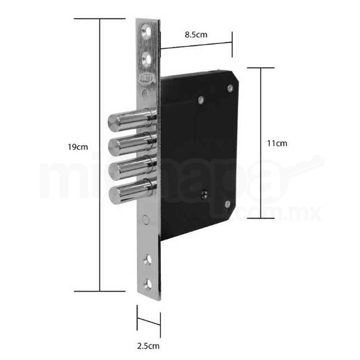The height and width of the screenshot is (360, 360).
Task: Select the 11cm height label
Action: point(277,144)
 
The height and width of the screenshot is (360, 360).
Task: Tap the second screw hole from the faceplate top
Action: point(146,58)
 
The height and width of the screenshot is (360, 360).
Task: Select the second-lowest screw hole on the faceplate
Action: point(147,260)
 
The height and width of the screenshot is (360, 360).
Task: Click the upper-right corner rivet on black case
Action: point(230,89)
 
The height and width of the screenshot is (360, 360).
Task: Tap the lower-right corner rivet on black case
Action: point(227,204)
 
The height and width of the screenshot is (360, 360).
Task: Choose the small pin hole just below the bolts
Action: point(145,220)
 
